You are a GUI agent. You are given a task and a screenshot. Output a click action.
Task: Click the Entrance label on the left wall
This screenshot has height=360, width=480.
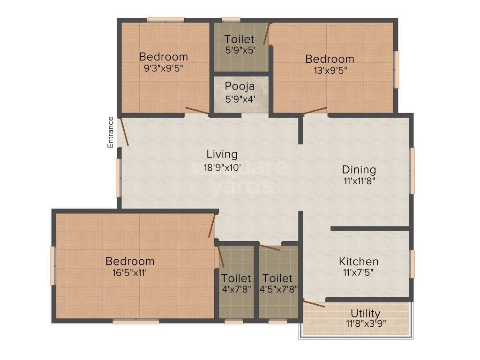click(x=111, y=132)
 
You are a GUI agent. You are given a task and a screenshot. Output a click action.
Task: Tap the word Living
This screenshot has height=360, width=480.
click(x=222, y=154)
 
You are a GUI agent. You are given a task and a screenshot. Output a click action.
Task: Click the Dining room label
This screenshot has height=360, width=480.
click(x=359, y=170)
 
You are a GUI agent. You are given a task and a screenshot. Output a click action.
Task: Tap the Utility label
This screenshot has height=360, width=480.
click(x=366, y=313)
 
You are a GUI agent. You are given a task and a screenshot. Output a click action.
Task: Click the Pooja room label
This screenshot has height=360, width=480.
click(x=240, y=86)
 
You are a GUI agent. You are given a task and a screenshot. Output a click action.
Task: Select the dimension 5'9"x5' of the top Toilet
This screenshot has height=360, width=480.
click(x=240, y=50)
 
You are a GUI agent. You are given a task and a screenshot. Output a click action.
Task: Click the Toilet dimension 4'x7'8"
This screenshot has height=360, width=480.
click(x=236, y=288)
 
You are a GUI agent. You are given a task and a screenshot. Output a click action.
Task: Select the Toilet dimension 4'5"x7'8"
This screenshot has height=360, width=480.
click(x=278, y=288)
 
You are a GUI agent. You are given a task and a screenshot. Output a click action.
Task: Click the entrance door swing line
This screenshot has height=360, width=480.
click(x=124, y=132)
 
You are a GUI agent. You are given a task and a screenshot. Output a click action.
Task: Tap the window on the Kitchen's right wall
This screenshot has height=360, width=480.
click(x=412, y=264)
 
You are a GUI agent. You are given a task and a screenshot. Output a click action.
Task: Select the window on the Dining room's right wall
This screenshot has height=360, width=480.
click(x=412, y=171)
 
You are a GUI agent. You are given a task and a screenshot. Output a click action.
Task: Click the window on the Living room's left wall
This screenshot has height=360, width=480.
click(x=119, y=178)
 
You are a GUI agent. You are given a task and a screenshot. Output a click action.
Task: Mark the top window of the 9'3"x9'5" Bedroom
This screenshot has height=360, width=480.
click(x=165, y=20)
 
